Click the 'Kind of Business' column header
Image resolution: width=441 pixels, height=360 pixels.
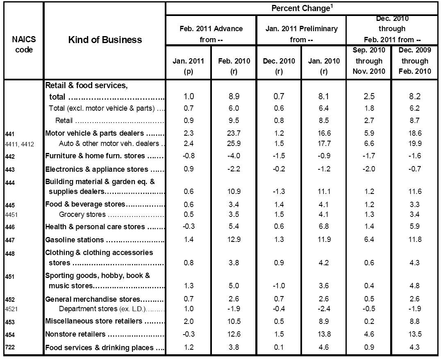[x=105, y=40]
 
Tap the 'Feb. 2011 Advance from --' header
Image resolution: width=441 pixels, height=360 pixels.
[x=211, y=34]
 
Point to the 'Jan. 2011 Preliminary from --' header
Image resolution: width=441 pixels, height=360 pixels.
[x=301, y=34]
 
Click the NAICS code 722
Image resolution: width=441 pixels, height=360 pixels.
[x=10, y=348]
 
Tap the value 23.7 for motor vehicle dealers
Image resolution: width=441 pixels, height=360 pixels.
[x=233, y=133]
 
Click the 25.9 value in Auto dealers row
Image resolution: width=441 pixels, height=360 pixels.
[x=233, y=144]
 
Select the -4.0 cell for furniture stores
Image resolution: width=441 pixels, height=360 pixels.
[x=233, y=156]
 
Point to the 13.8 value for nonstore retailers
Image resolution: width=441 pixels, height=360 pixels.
[x=323, y=335]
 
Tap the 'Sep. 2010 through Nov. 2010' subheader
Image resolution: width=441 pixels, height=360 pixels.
[x=368, y=61]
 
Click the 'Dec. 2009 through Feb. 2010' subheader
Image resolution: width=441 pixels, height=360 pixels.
[x=415, y=61]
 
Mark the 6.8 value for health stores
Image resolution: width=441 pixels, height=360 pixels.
[x=323, y=227]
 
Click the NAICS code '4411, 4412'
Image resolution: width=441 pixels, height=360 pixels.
[x=20, y=144]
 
